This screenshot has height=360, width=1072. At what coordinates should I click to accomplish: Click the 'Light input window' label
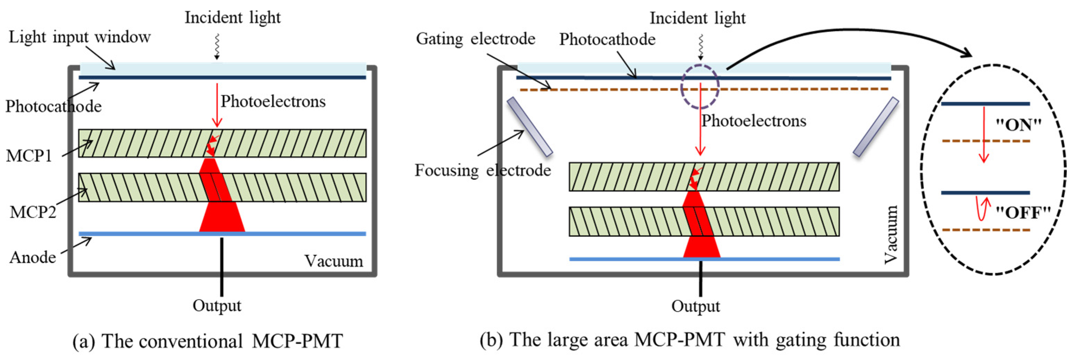[x=79, y=37]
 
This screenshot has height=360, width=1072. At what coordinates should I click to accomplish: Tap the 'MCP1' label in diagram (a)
[x=29, y=156]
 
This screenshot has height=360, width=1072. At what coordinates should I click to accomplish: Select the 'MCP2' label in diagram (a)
[x=33, y=212]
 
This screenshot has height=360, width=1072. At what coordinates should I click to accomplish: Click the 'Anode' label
[x=33, y=258]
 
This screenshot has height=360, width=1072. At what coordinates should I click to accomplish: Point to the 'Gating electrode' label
[x=476, y=39]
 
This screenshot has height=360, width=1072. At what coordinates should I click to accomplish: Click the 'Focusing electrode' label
[x=483, y=170]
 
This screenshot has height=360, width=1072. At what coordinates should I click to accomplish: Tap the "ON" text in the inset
[x=1018, y=124]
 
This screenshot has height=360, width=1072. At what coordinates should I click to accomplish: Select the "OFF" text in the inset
[x=1023, y=213]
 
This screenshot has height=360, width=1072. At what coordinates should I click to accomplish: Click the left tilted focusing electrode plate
[x=529, y=126]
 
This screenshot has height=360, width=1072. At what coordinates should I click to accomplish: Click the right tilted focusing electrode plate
[x=876, y=126]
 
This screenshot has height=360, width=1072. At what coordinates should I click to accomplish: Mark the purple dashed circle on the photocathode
[x=700, y=86]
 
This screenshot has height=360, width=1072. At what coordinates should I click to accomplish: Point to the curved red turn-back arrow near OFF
[x=982, y=209]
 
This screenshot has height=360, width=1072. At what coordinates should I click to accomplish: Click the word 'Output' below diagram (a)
[x=217, y=305]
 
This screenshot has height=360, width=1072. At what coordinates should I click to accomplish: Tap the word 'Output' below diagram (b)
[x=695, y=306]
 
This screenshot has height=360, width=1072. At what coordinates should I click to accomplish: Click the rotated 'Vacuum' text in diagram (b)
[x=891, y=234]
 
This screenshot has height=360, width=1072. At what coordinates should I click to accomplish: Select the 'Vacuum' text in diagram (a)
[x=333, y=261]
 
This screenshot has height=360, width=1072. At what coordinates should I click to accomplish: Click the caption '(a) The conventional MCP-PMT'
[x=207, y=341]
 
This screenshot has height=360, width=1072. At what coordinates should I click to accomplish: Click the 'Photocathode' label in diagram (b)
[x=607, y=39]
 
